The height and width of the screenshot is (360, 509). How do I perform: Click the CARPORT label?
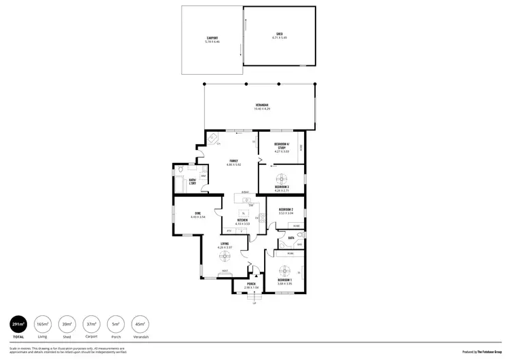pos(212,37)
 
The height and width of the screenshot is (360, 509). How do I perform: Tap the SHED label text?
pos(279,33)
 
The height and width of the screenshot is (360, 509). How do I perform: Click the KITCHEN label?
pos(242,219)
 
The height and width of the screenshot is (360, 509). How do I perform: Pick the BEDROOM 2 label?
pos(286,209)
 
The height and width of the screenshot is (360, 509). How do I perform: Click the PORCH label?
pos(251,284)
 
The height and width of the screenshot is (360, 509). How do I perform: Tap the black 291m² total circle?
pos(18,325)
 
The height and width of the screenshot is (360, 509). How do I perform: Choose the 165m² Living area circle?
pos(43,325)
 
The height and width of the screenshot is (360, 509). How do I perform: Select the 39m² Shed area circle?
pos(67,325)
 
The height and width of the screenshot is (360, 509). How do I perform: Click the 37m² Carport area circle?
pos(92,325)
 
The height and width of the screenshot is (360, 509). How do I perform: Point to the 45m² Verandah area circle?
pos(140,325)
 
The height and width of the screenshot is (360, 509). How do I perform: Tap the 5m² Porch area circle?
pos(116,325)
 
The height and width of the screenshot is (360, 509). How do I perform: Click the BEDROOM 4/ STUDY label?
pos(282,146)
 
